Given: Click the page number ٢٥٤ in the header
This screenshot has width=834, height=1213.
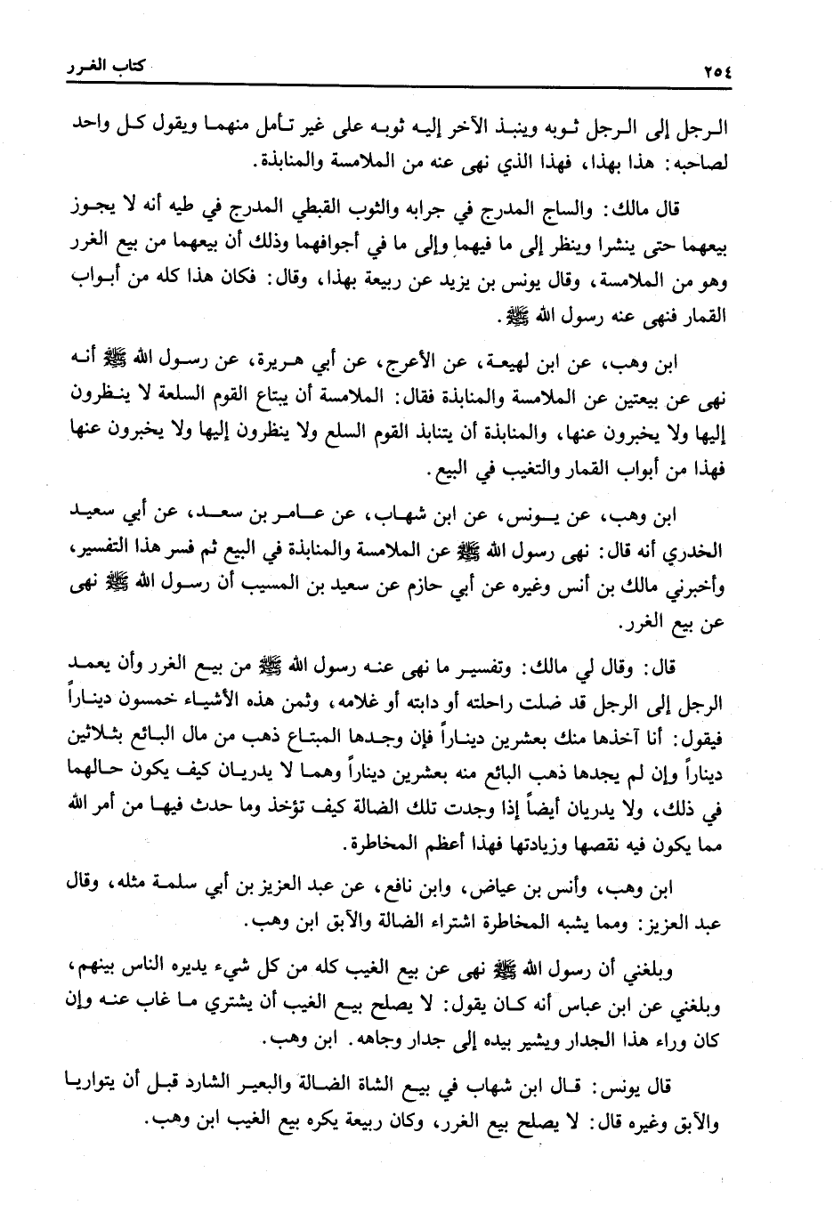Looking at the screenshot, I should click(x=708, y=71).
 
